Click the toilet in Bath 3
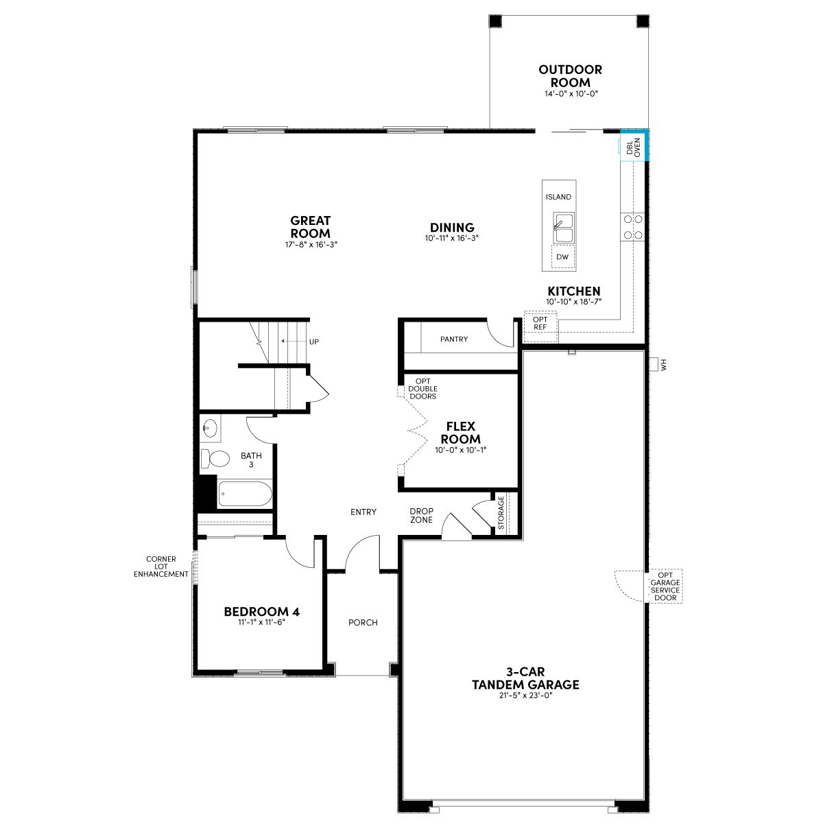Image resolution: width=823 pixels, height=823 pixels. (215, 459)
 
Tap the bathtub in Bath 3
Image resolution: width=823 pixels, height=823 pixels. (245, 493)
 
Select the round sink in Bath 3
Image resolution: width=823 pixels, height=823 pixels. (210, 427)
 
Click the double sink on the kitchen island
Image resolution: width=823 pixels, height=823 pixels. (564, 228)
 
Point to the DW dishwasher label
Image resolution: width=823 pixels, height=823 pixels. (562, 257)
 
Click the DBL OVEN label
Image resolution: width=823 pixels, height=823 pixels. (634, 147)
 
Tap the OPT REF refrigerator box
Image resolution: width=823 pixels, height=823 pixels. (540, 326)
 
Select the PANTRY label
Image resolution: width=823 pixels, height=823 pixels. (454, 339)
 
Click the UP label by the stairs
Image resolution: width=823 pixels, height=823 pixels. (314, 342)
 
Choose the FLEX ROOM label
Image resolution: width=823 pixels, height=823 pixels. (461, 432)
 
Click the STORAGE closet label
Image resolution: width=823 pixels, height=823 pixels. (501, 512)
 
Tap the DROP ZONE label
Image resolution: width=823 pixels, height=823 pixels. (422, 515)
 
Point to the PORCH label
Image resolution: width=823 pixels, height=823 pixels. (363, 623)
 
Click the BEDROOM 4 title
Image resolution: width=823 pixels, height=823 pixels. (262, 612)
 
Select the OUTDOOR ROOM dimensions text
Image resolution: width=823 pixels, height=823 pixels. (571, 93)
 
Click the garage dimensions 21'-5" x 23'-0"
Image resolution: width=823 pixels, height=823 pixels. (525, 695)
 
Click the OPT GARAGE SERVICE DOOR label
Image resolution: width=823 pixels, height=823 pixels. (665, 586)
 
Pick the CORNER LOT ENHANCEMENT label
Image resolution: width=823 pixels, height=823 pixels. (161, 566)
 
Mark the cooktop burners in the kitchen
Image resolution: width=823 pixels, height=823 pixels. (633, 227)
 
